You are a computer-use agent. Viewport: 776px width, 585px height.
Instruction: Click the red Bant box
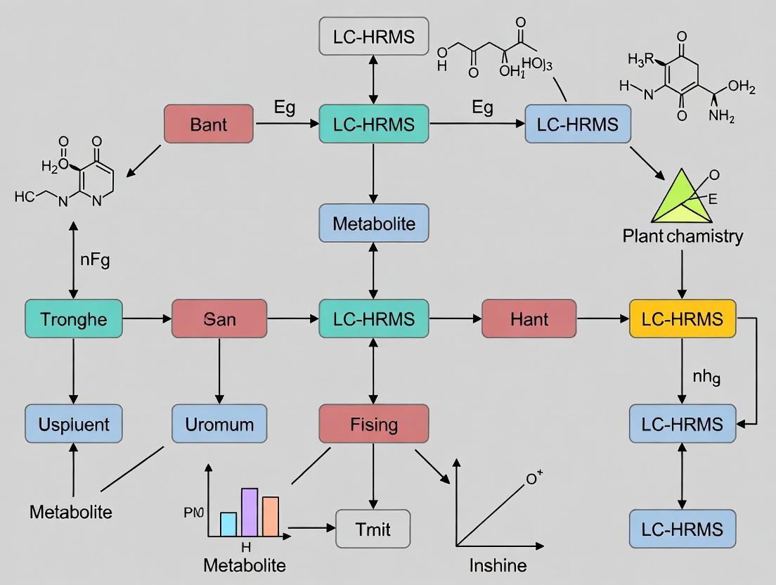click(x=208, y=124)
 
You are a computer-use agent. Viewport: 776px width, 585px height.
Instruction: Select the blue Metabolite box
click(x=373, y=224)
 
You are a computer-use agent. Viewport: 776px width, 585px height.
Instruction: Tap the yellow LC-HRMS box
click(x=683, y=319)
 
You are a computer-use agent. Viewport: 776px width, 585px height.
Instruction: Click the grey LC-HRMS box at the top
click(x=373, y=37)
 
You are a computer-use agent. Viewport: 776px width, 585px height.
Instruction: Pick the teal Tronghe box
click(x=73, y=319)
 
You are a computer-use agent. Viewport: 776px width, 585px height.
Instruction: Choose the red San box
click(x=219, y=319)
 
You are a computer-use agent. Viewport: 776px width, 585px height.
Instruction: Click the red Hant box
click(x=529, y=319)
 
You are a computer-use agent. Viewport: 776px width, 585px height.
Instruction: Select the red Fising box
click(x=373, y=424)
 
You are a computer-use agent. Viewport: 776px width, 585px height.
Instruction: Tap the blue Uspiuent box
click(x=73, y=424)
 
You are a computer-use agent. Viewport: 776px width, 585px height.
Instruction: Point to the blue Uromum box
click(x=219, y=424)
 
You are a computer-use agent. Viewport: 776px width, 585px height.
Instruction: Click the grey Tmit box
click(x=373, y=528)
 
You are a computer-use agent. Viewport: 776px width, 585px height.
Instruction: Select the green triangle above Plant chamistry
click(x=678, y=198)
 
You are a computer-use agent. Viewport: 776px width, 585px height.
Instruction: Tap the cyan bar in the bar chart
click(x=228, y=524)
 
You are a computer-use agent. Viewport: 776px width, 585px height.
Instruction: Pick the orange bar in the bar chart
click(x=271, y=517)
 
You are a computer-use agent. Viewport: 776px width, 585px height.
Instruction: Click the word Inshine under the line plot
click(x=498, y=566)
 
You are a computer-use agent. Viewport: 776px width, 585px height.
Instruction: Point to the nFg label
click(x=94, y=260)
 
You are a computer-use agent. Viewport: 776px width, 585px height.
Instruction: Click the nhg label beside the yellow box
click(x=706, y=378)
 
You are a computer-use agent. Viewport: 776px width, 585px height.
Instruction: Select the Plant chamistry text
click(x=682, y=236)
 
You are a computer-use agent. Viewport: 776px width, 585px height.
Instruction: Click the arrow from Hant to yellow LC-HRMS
click(x=602, y=319)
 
